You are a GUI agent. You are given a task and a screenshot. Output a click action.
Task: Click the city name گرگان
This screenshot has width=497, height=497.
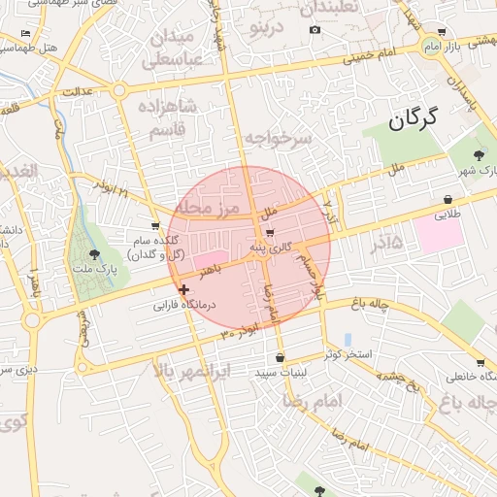[413, 119]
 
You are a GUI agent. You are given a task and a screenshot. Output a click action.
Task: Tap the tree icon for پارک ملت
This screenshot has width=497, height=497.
[93, 253]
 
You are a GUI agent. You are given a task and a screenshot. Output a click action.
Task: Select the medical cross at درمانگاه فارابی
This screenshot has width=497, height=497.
[183, 289]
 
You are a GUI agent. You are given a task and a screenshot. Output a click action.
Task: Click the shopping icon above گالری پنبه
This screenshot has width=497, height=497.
[269, 233]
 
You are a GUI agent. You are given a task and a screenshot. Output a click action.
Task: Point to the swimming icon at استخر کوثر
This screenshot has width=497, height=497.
[348, 339]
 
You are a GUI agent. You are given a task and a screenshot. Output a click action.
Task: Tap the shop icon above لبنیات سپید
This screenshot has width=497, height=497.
[280, 357]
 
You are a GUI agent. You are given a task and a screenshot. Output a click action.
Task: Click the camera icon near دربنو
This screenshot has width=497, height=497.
[315, 30]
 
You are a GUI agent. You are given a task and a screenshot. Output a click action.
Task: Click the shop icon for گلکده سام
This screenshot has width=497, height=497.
[155, 226]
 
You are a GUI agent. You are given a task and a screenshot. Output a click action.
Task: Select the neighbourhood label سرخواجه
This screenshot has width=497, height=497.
[278, 139]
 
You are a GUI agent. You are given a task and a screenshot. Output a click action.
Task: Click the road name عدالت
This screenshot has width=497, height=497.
[78, 91]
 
